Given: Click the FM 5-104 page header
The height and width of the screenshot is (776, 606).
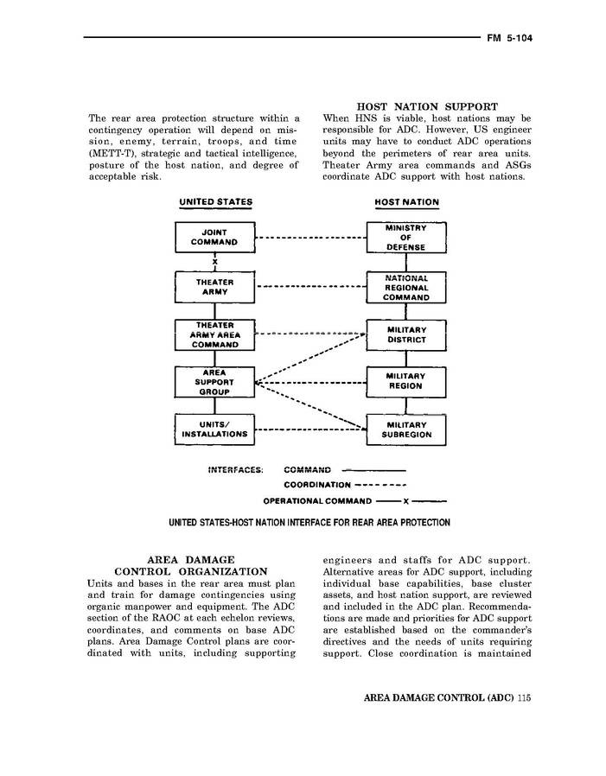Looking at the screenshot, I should point(508,38).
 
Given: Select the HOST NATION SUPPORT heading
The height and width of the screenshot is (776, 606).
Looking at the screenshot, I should point(427,106).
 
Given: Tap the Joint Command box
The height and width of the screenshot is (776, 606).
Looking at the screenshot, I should point(214,238).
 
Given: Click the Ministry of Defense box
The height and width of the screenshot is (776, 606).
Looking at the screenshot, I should point(406,238).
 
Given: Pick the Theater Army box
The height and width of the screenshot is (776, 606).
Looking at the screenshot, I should point(214,287).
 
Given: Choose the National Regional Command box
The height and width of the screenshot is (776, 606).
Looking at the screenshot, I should point(406,287).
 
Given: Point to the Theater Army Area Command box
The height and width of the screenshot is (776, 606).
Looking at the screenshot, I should point(214,334).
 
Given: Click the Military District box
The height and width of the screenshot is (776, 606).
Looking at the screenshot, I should point(406,335).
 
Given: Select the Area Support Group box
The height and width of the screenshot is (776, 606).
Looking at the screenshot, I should point(214,381).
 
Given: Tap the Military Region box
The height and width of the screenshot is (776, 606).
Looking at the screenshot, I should point(406,381).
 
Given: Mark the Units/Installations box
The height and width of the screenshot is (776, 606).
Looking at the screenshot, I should point(214,429).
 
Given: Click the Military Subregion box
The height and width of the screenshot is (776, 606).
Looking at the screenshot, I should point(406,429).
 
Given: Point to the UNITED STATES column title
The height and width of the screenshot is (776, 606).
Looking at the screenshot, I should point(215,202).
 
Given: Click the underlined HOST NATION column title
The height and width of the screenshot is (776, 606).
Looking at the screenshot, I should point(406,203).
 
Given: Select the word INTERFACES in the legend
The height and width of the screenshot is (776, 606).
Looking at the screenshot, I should point(236,470).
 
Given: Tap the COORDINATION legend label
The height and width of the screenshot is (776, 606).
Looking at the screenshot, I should point(317,485).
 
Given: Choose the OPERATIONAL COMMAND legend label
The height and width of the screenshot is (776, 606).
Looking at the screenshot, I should point(318,500).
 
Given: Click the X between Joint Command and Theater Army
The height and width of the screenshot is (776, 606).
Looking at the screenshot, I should point(215,262).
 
